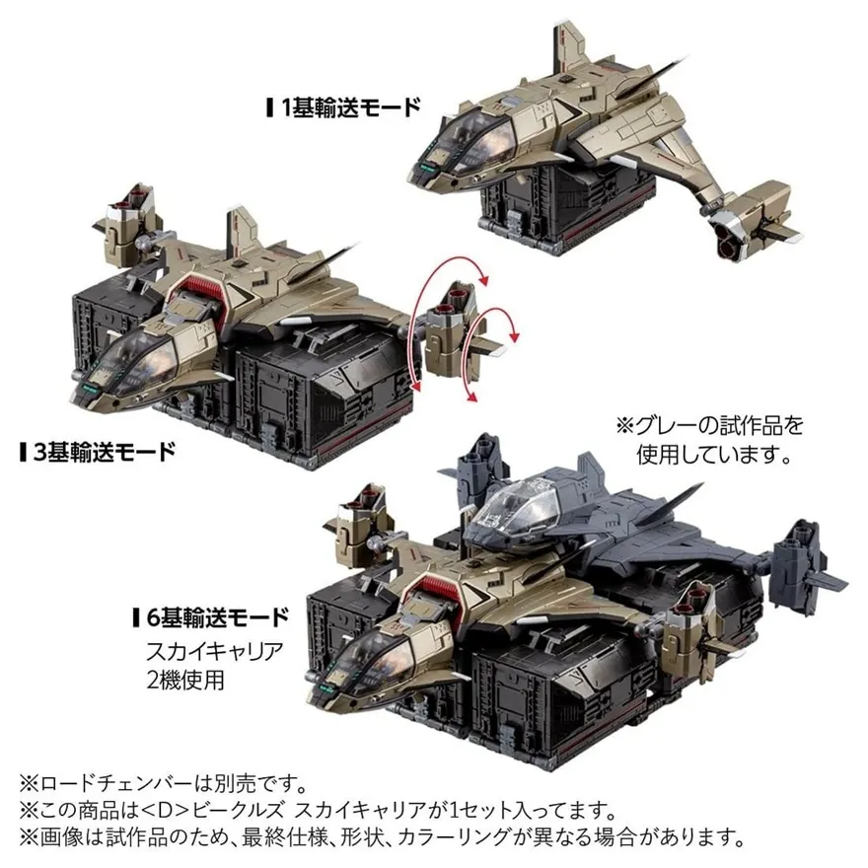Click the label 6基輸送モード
click(x=216, y=618)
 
